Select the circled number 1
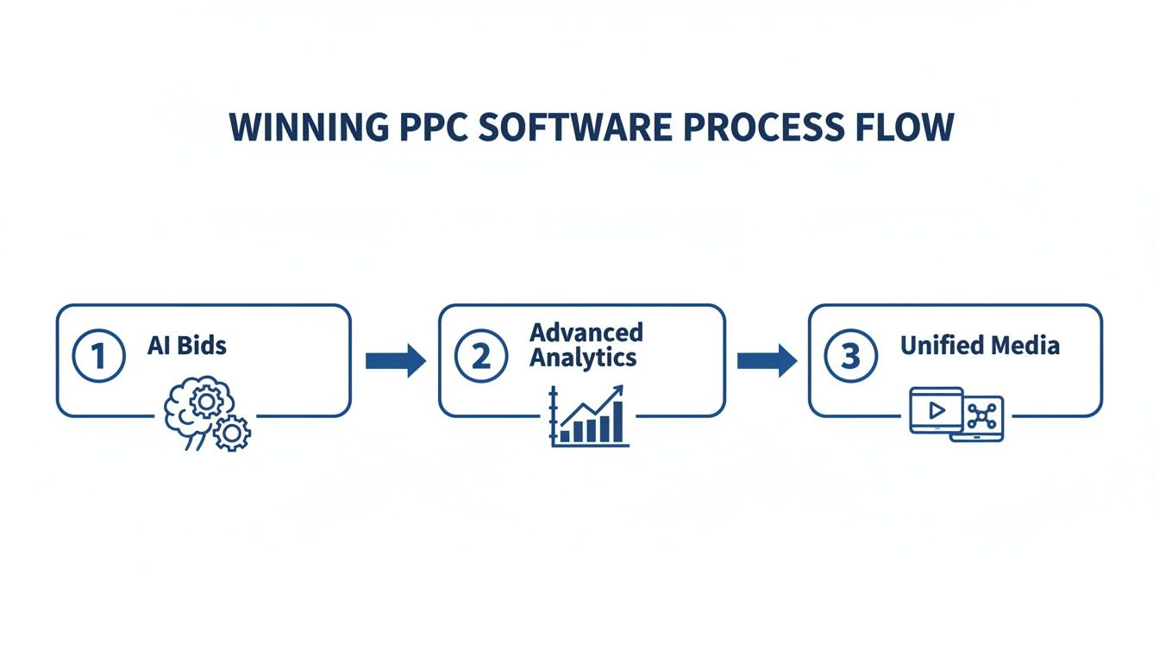98,356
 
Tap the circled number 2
480,356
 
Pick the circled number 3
850,356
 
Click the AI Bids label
187,347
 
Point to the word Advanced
586,332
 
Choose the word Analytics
583,357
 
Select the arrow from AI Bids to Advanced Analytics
395,360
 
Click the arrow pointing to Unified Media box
767,360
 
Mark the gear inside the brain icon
206,402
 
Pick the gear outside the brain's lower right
232,432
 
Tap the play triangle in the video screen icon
937,410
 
